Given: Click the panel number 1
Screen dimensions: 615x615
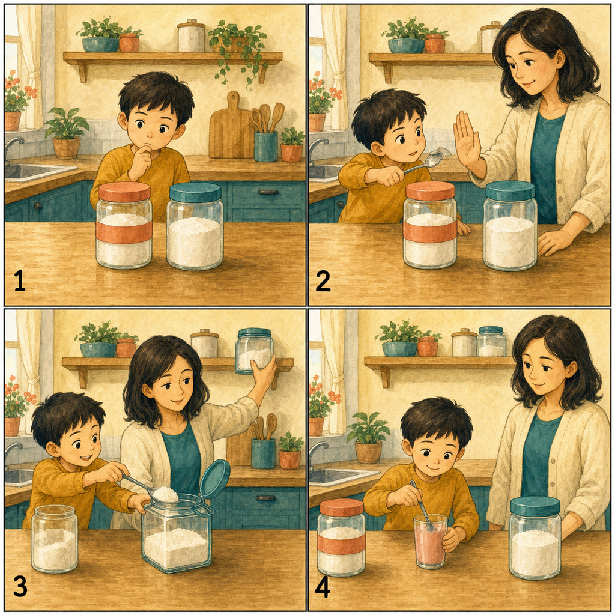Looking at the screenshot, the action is (19, 281).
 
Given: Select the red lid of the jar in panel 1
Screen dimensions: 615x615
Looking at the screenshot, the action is (124, 192).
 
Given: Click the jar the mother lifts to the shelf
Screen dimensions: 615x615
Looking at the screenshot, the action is (254, 351).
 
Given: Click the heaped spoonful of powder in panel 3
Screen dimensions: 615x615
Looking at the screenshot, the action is (166, 494).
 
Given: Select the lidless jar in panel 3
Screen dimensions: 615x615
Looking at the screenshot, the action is (54, 538).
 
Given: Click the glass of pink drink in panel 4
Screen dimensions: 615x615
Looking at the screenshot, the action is (430, 542).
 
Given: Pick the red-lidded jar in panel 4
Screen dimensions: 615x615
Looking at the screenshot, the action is (341, 538).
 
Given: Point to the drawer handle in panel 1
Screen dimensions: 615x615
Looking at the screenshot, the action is (268, 192).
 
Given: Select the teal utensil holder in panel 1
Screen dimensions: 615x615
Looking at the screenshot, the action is (265, 146).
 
